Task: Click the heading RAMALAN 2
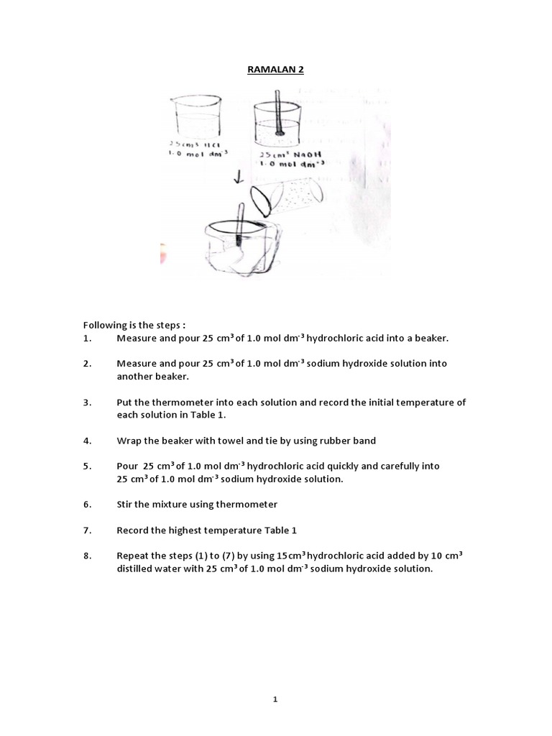coord(276,69)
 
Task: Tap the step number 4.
coord(86,440)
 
